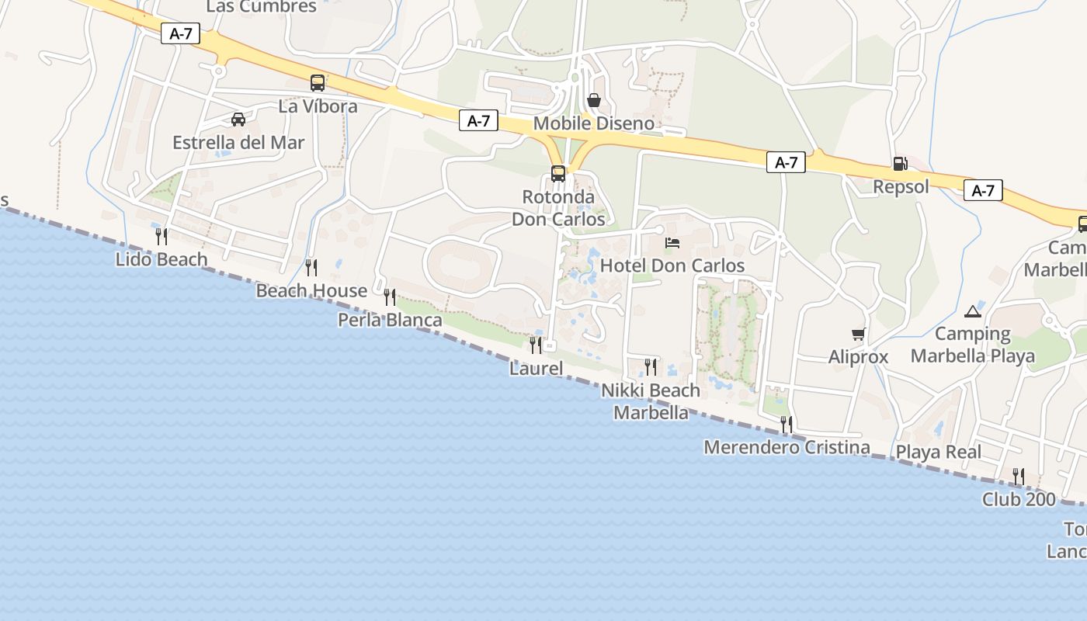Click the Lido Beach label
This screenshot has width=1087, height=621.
(x=161, y=259)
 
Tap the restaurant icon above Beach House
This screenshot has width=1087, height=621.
(x=311, y=268)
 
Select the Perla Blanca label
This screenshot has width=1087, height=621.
(x=390, y=320)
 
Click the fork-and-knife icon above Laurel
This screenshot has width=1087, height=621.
(x=536, y=345)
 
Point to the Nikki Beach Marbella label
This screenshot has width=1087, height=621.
(x=651, y=401)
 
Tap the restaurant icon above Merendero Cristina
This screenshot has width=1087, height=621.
(x=787, y=425)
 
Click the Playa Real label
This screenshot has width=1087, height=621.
(x=939, y=452)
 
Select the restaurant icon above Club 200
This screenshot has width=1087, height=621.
(x=1019, y=476)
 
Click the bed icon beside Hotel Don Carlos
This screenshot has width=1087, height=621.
(x=672, y=243)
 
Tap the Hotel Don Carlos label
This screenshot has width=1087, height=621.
(x=672, y=265)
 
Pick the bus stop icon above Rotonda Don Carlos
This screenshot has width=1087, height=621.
(x=558, y=174)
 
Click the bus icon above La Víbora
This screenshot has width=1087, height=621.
(x=318, y=83)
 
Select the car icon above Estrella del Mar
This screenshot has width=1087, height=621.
(x=238, y=120)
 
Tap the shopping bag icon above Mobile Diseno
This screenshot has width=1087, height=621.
(x=594, y=100)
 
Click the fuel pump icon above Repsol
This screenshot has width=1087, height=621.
(x=901, y=164)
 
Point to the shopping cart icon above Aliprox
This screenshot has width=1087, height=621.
(x=858, y=335)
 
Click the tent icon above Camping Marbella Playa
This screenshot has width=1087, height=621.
(x=972, y=312)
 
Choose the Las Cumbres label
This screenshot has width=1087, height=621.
(x=262, y=7)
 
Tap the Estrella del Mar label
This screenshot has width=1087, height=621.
(x=238, y=143)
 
